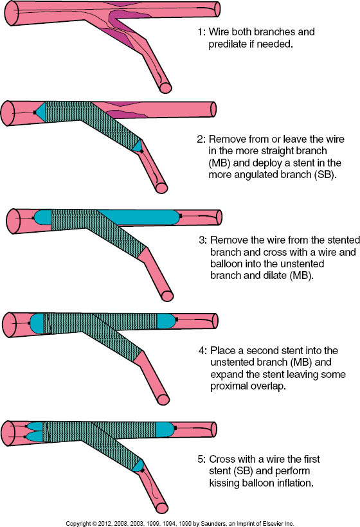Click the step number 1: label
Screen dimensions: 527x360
(201, 31)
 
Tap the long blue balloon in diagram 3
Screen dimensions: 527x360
(138, 217)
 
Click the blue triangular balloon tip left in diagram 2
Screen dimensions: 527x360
(40, 112)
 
